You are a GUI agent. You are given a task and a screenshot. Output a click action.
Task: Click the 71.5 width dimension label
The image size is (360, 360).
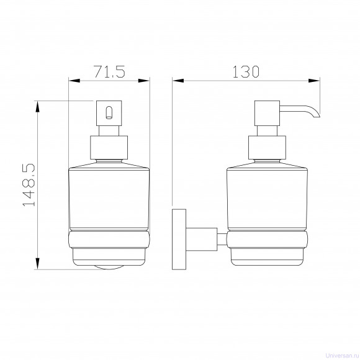coord(109,71)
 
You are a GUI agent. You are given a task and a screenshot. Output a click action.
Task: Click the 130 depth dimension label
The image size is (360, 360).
coord(246,71)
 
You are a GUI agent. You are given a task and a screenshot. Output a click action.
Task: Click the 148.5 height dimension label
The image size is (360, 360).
coord(29,185)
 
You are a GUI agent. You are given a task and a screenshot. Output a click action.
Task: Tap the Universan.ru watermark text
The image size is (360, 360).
coord(343,356)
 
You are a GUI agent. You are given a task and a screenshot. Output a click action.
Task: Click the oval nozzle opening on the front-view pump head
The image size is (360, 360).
coord(109,112)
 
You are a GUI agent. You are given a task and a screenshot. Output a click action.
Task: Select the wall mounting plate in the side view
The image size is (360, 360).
coord(179,239)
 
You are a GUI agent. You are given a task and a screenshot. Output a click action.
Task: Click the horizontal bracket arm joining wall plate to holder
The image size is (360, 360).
coord(202,239)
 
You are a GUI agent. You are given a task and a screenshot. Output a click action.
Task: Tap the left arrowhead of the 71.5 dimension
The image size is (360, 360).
coord(74,81)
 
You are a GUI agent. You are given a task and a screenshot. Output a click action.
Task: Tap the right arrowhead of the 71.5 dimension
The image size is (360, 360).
coord(144,81)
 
